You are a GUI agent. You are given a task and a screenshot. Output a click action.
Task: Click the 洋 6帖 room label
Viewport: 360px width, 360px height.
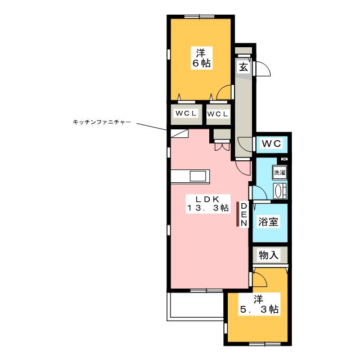pyautogui.click(x=201, y=58)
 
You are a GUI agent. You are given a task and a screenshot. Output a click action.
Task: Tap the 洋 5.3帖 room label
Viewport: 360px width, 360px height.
pyautogui.click(x=259, y=304)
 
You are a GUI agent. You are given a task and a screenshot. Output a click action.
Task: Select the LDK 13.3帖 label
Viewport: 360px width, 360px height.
pyautogui.click(x=208, y=204)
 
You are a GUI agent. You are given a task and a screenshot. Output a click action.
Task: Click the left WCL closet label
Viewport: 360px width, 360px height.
pyautogui.click(x=186, y=114)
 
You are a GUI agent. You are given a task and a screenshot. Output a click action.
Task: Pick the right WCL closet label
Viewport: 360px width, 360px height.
pyautogui.click(x=218, y=114)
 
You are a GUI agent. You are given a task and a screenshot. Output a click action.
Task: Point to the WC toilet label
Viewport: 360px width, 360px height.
pyautogui.click(x=272, y=144)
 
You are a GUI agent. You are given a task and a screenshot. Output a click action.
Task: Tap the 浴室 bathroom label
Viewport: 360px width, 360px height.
pyautogui.click(x=268, y=222)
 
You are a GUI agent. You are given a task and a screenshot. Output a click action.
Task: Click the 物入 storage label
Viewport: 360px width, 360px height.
pyautogui.click(x=268, y=255)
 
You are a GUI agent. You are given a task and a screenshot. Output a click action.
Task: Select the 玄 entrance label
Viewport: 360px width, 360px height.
pyautogui.click(x=244, y=67)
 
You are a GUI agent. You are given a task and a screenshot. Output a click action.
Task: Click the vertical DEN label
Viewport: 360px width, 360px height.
pyautogui.click(x=244, y=215)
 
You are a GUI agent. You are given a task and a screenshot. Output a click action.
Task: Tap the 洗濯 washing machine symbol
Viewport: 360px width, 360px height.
pyautogui.click(x=280, y=172)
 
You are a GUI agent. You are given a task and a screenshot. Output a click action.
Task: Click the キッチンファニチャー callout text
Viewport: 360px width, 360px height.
pyautogui.click(x=102, y=122)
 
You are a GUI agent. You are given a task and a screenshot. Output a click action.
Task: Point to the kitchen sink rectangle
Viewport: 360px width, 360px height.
pyautogui.click(x=198, y=176)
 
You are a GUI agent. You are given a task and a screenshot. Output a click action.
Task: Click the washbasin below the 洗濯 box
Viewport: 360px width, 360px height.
pyautogui.click(x=279, y=191)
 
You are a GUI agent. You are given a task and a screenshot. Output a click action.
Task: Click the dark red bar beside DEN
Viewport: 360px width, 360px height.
pyautogui.click(x=237, y=214)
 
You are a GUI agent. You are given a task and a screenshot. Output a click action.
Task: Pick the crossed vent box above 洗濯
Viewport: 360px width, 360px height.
pyautogui.click(x=284, y=159)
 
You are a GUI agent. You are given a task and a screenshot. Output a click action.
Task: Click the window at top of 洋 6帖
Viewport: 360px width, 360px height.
pyautogui.click(x=199, y=16)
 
